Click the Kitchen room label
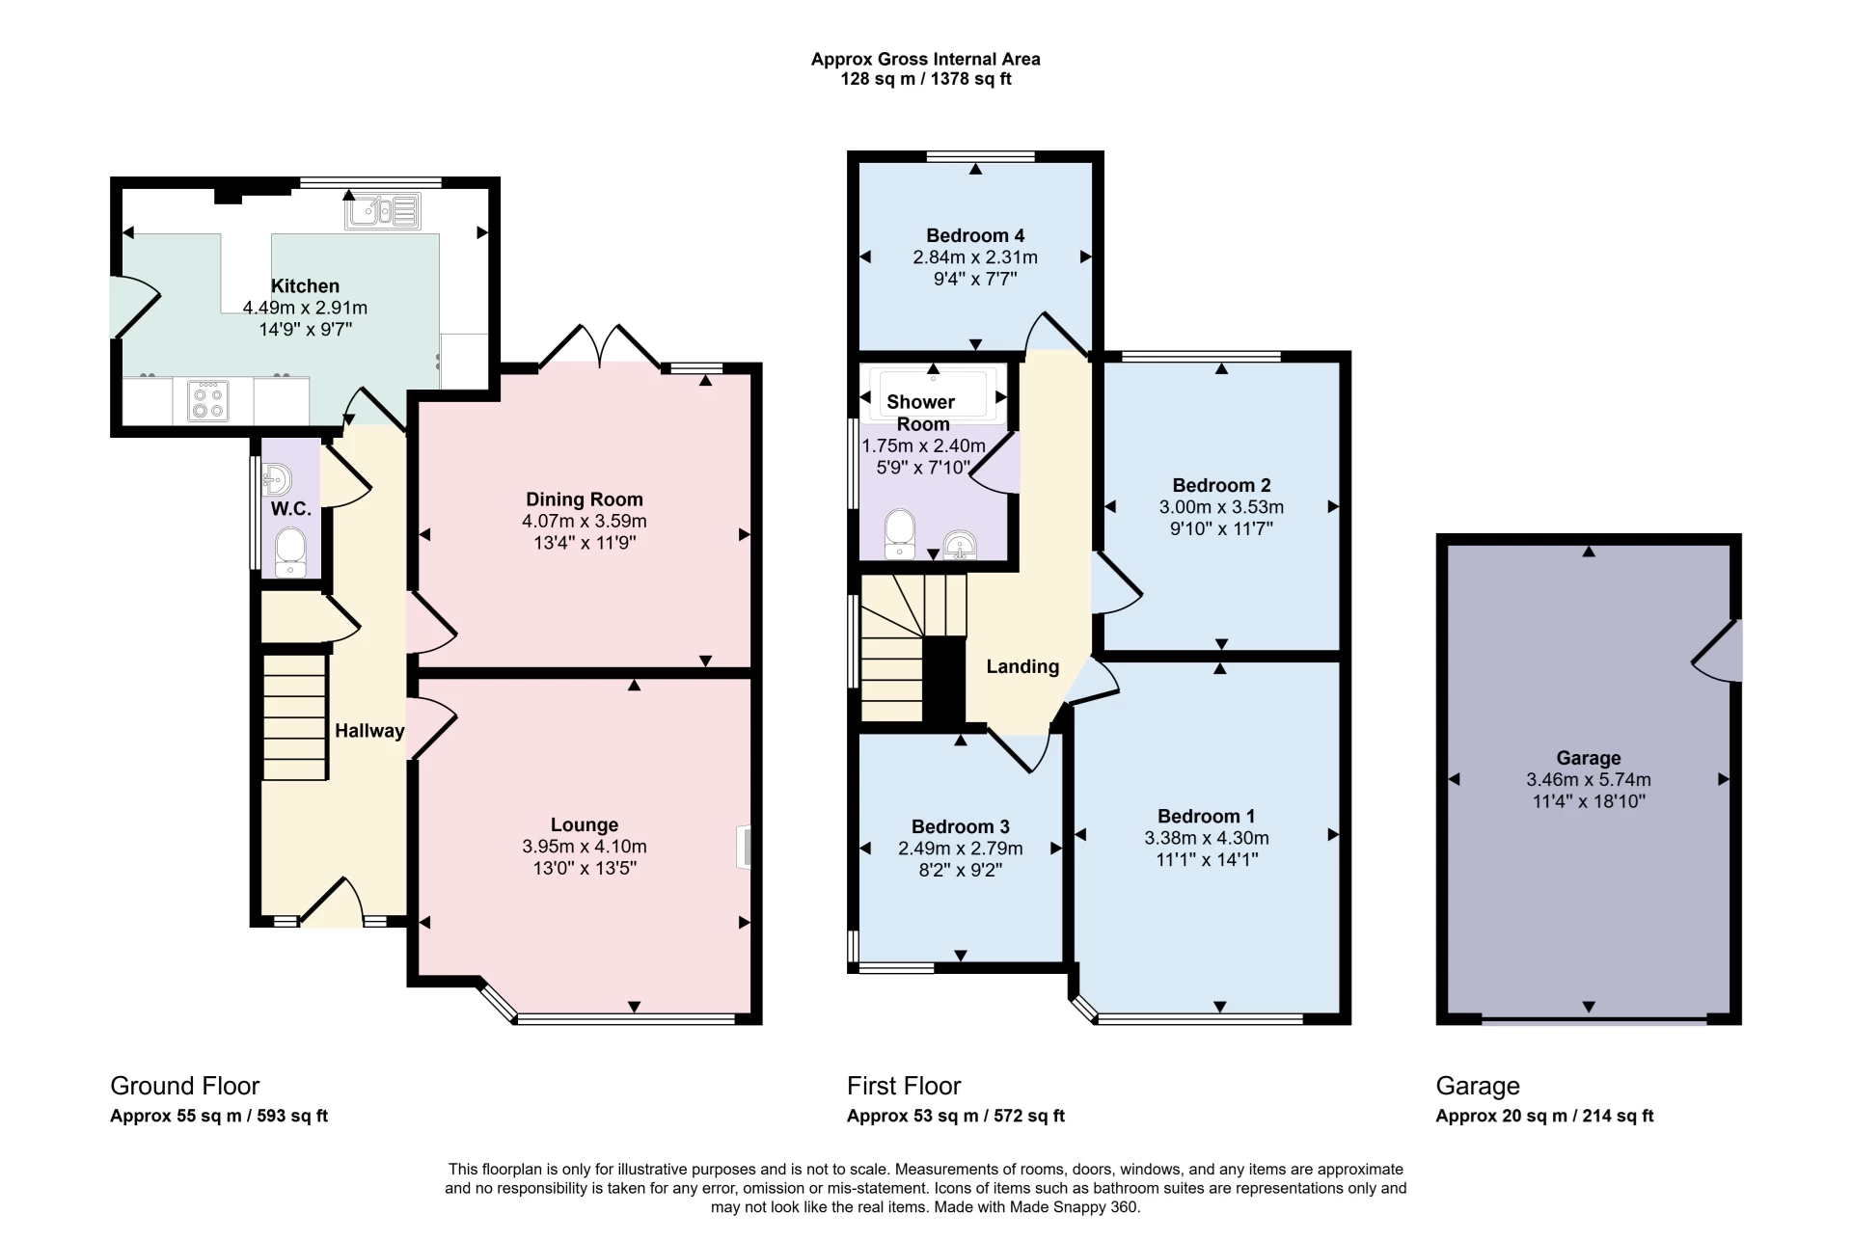tap(305, 286)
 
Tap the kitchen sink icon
tap(383, 211)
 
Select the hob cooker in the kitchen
tap(207, 401)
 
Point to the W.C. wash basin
tap(276, 478)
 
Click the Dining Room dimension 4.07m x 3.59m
tap(584, 522)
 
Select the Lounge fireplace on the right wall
tap(745, 847)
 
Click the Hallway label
tap(369, 731)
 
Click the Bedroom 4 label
tap(975, 235)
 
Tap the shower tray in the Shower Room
tap(933, 393)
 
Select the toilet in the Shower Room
tap(900, 533)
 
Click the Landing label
tap(1022, 666)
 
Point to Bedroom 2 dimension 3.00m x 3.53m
tap(1221, 507)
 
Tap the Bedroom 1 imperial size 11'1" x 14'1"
tap(1207, 859)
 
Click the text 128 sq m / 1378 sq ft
tap(925, 79)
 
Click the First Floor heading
tap(904, 1086)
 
